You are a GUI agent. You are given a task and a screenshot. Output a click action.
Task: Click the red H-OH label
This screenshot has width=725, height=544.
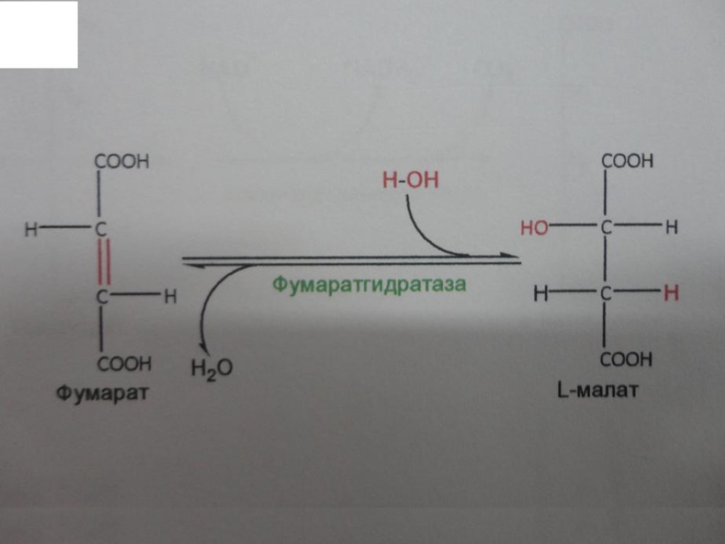tap(410, 181)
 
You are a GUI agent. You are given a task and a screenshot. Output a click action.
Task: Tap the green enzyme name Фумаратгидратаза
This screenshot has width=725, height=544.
tap(370, 285)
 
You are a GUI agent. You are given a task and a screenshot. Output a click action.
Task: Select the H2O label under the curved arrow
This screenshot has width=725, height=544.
tap(211, 368)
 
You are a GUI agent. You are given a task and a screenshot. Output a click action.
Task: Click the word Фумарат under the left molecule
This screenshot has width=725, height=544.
tap(103, 392)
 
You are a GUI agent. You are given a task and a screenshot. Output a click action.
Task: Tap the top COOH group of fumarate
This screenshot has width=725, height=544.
tap(122, 161)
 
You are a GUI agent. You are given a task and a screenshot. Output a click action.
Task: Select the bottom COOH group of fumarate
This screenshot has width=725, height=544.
tap(124, 364)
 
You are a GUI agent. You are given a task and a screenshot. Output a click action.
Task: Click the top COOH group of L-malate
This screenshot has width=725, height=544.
tap(627, 161)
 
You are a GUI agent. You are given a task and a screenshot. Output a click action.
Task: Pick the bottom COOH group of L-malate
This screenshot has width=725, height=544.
tap(626, 360)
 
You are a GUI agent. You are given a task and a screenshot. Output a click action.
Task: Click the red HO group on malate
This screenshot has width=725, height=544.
tap(534, 228)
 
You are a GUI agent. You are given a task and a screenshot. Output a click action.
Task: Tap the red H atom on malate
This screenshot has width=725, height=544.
tap(670, 293)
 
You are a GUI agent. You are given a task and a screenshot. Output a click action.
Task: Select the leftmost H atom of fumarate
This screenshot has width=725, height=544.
tap(30, 229)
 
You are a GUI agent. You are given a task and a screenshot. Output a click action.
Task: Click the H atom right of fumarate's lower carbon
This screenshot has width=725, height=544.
tap(170, 297)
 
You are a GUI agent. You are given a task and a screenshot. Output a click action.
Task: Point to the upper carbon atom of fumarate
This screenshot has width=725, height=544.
tap(101, 229)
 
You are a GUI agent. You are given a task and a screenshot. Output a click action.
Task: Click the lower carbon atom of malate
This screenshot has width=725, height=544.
tap(605, 293)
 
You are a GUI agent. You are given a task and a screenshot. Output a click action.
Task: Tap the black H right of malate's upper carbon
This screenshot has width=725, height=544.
tap(671, 227)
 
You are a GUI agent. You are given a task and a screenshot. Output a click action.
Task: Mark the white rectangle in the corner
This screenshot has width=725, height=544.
tap(38, 34)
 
